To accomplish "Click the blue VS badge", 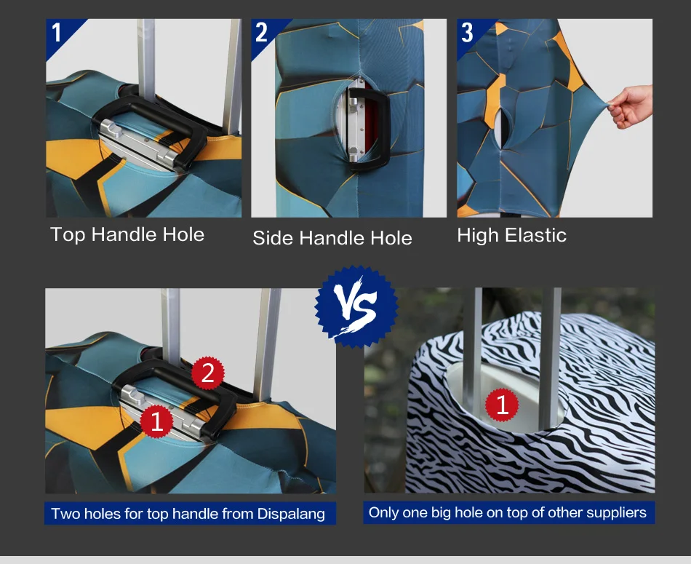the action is pyautogui.click(x=356, y=306).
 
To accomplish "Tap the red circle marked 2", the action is pyautogui.click(x=207, y=373).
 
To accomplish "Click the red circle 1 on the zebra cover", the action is pyautogui.click(x=502, y=405).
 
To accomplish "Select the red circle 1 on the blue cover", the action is pyautogui.click(x=156, y=421).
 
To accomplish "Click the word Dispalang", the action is pyautogui.click(x=291, y=514).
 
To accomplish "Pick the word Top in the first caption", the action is pyautogui.click(x=68, y=234).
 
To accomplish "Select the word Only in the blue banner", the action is pyautogui.click(x=382, y=512).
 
